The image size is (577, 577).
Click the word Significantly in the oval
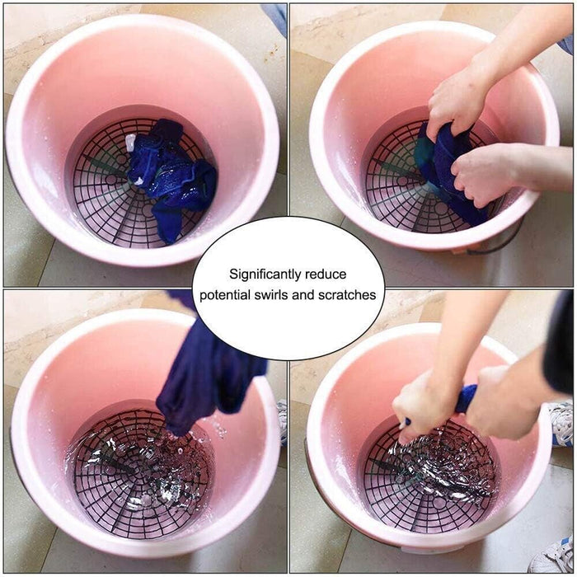pyautogui.click(x=263, y=274)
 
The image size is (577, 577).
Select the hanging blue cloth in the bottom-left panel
pyautogui.click(x=206, y=371)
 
